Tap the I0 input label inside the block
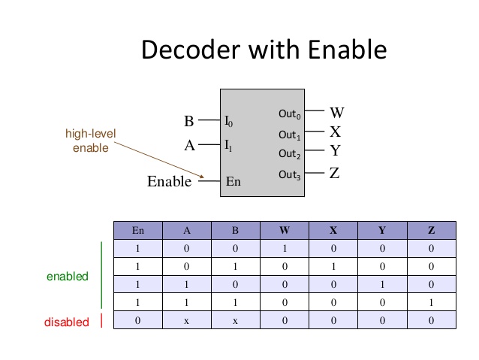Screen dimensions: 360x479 point(230,120)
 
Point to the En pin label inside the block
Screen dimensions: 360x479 point(233,181)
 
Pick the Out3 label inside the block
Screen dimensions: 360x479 point(290,174)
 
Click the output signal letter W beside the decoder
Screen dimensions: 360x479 point(337,113)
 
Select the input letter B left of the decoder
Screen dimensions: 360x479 point(188,121)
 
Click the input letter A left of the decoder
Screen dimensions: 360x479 point(190,147)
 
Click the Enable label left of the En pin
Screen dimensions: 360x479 point(169,181)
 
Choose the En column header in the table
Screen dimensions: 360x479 point(137,231)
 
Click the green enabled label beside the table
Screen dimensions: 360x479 point(68,277)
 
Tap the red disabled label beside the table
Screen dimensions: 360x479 point(66,322)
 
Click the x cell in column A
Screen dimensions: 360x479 point(186,321)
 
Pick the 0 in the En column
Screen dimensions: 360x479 point(137,321)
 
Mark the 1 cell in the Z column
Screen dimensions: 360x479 point(431,303)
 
